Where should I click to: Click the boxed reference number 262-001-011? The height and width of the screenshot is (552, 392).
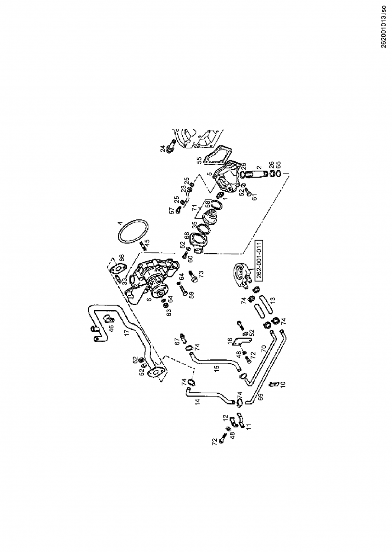tap(259, 260)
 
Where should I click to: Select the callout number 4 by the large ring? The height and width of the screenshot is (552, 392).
tap(120, 223)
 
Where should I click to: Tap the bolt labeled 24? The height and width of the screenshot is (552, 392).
tap(171, 146)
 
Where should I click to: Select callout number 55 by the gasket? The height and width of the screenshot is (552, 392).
tap(200, 161)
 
